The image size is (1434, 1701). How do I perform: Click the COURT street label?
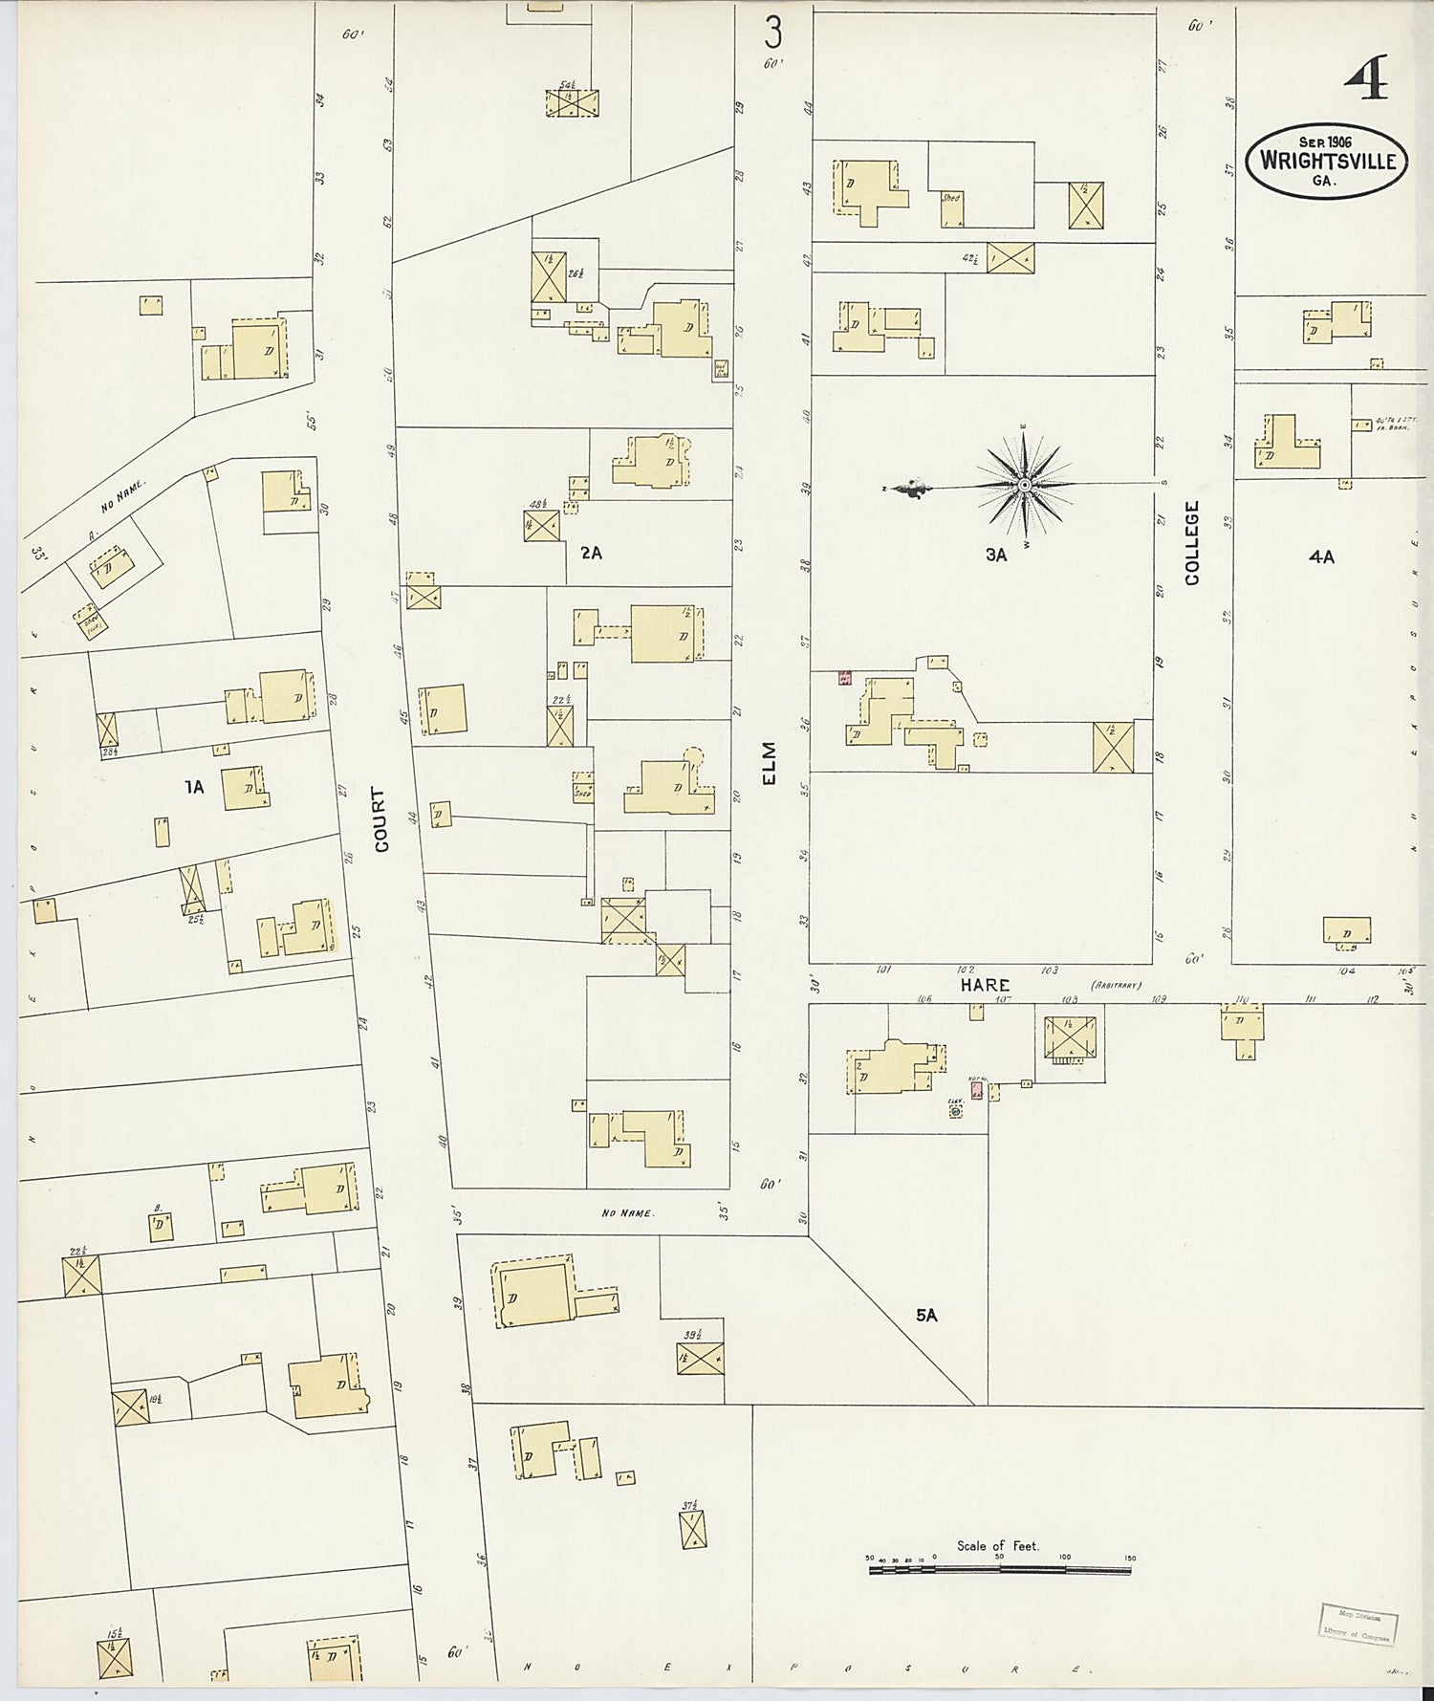click(x=381, y=819)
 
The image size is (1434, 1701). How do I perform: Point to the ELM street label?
click(x=771, y=763)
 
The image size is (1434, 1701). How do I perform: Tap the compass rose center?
click(x=1024, y=486)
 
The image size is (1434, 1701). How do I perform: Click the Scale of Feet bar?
click(x=1000, y=1570)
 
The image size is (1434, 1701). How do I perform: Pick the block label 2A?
click(x=591, y=552)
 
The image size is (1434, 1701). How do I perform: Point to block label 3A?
click(x=996, y=554)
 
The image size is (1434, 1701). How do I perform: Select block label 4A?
click(x=1321, y=556)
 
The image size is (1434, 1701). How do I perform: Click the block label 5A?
click(x=925, y=1316)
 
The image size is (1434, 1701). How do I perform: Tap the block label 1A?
click(x=195, y=787)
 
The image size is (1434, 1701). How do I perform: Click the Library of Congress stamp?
click(x=1358, y=1624)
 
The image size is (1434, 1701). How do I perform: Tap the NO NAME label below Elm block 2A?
click(x=627, y=1213)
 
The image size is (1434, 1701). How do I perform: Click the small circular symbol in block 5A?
click(x=955, y=1112)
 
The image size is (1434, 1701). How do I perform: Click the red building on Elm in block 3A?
click(x=844, y=678)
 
